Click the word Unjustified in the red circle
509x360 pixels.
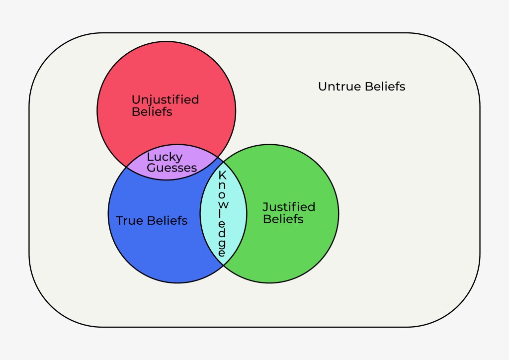point(165,99)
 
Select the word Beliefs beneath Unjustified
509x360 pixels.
point(152,112)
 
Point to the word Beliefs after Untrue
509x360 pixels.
point(384,87)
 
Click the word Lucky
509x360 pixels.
point(165,157)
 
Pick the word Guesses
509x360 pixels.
point(171,168)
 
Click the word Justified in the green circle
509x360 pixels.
point(289,207)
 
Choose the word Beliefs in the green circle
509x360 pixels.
point(283,219)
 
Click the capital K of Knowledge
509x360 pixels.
point(223,175)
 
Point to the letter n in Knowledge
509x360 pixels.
point(223,185)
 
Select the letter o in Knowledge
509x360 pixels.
point(223,195)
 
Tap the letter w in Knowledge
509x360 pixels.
point(223,205)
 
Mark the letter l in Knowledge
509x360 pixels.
point(223,215)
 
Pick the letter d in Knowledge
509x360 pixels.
point(223,234)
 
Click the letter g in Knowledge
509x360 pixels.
point(223,244)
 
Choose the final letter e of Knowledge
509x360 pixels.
point(223,253)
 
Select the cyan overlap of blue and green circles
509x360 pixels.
point(209,214)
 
